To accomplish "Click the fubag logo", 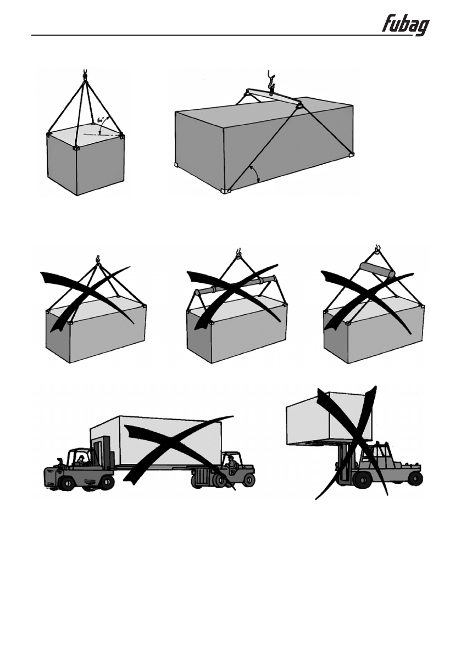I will [x=406, y=25].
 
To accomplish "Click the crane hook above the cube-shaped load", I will [x=85, y=73].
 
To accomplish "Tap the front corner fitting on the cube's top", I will [x=76, y=148].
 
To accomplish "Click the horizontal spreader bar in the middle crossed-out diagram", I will [x=237, y=286].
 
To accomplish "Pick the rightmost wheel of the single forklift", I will [x=414, y=478].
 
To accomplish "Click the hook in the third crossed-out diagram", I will [x=377, y=251].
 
